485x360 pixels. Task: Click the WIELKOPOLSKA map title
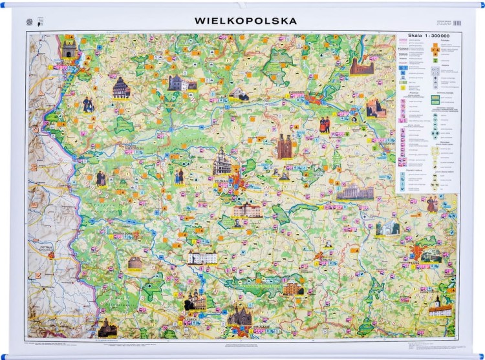tap(246, 21)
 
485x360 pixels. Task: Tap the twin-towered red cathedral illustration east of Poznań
tap(285, 147)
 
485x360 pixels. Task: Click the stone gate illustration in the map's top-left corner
tap(69, 48)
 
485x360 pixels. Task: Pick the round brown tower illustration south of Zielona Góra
tap(135, 262)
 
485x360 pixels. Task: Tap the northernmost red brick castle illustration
tap(361, 66)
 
